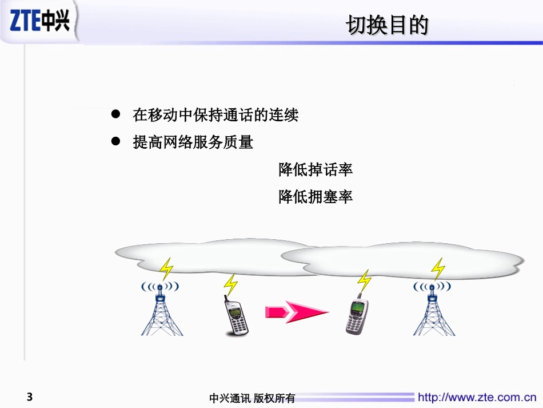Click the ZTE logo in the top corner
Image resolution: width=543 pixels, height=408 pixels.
pos(39,21)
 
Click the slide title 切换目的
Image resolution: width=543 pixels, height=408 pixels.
pos(388,26)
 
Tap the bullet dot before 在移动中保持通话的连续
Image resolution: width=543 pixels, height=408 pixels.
pos(115,115)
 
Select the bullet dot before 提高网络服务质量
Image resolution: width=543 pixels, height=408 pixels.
pos(115,141)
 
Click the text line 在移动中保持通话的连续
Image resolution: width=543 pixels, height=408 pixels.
pos(215,116)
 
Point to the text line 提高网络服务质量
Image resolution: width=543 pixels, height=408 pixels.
pos(193,142)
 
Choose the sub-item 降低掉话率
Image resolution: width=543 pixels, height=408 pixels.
pos(316,169)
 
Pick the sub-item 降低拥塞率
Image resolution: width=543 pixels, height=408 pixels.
pos(316,197)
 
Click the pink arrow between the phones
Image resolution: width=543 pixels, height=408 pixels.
pos(296,312)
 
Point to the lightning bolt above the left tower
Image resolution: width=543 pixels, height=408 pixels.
pos(166,268)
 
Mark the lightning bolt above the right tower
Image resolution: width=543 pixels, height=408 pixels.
pos(438,268)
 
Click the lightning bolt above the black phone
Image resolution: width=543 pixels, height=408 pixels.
pos(230,284)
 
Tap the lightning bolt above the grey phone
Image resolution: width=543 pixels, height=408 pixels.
pos(364,280)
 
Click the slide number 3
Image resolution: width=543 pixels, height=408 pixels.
pos(30,397)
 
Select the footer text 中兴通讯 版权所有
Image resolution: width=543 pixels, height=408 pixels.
pos(252,398)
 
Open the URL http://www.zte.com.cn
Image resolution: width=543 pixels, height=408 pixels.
pos(477,397)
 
